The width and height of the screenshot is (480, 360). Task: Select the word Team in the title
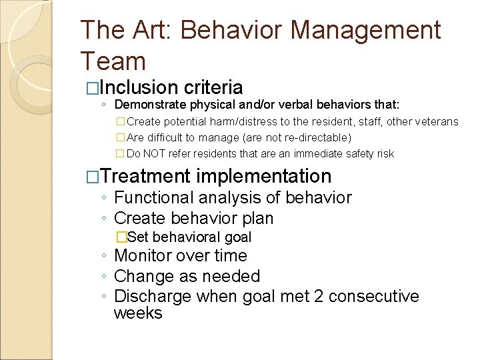click(113, 61)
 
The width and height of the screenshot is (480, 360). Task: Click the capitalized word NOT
click(156, 153)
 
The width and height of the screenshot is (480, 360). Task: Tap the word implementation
click(264, 176)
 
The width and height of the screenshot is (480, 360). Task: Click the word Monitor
click(144, 256)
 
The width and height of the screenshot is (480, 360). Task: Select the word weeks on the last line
click(138, 313)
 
